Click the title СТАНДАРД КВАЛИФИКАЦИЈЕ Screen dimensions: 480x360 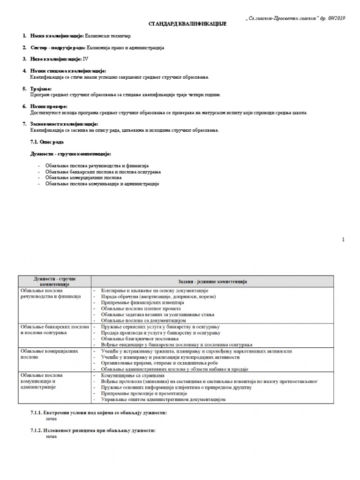(180, 23)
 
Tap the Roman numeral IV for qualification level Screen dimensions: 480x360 (85, 59)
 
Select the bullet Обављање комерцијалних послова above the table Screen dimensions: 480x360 (83, 178)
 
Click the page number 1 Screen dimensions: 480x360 (343, 240)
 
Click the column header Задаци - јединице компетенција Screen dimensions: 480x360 (212, 281)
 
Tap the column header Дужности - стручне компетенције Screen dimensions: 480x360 (54, 282)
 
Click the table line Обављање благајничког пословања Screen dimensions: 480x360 (140, 338)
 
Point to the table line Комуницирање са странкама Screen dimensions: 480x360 (132, 375)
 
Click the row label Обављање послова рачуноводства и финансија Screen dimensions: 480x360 (51, 293)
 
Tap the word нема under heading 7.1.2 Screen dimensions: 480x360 (52, 436)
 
